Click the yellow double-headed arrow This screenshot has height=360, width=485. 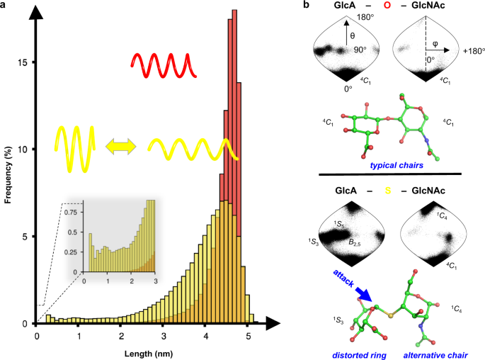point(120,147)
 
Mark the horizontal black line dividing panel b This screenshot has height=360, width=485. point(389,174)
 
